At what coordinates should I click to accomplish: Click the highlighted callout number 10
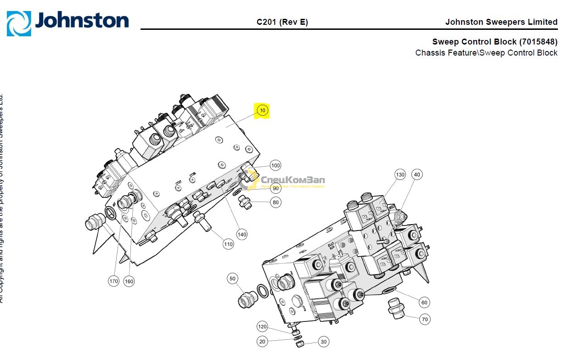click(x=262, y=111)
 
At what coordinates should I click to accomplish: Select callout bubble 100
click(x=276, y=165)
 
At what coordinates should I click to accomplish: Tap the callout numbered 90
click(x=276, y=188)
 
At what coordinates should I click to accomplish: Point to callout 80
click(x=276, y=202)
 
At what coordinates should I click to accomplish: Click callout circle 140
click(x=242, y=234)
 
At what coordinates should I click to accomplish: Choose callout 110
click(x=228, y=244)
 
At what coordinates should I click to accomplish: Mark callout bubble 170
click(x=113, y=281)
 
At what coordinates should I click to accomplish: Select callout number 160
click(x=129, y=281)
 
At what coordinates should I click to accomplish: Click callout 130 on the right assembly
click(x=400, y=174)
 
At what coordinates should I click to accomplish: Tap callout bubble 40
click(x=417, y=174)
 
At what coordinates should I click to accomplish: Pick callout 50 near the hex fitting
click(x=233, y=278)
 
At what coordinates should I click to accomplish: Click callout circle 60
click(x=424, y=302)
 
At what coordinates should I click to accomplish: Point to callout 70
click(x=425, y=319)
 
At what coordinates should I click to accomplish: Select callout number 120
click(x=262, y=327)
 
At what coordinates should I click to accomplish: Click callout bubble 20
click(x=262, y=342)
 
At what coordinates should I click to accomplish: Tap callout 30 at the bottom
click(x=324, y=342)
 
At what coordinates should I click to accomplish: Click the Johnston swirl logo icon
click(x=19, y=23)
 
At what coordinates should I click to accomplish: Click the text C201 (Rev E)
click(x=282, y=22)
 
